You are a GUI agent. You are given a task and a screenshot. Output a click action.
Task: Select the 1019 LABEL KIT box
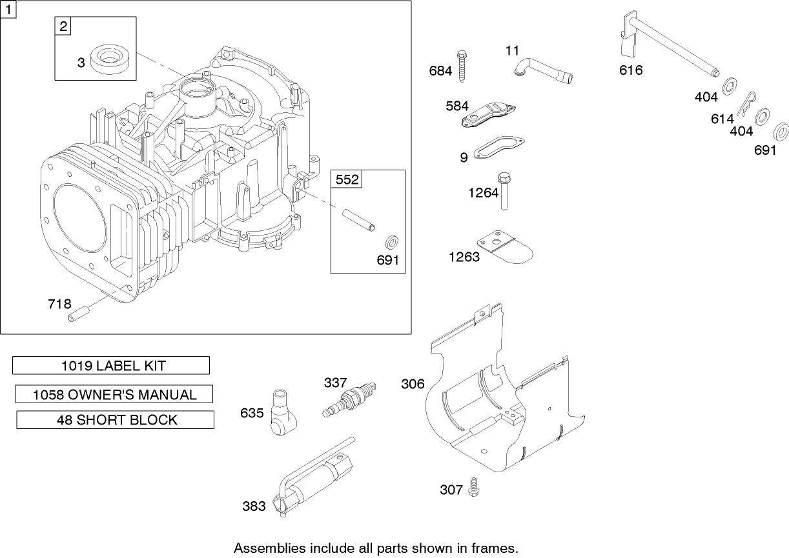click(111, 366)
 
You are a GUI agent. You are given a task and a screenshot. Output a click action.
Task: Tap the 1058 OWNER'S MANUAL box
click(114, 394)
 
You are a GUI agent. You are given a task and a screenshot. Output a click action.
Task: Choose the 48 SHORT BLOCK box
click(115, 420)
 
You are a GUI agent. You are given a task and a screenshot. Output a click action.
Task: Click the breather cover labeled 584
click(489, 114)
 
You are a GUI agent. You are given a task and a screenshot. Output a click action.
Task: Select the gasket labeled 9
click(501, 147)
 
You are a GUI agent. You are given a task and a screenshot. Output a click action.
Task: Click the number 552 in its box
click(347, 179)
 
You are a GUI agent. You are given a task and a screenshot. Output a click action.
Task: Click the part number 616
click(631, 70)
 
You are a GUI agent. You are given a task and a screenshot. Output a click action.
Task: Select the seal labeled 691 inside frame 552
click(391, 243)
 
